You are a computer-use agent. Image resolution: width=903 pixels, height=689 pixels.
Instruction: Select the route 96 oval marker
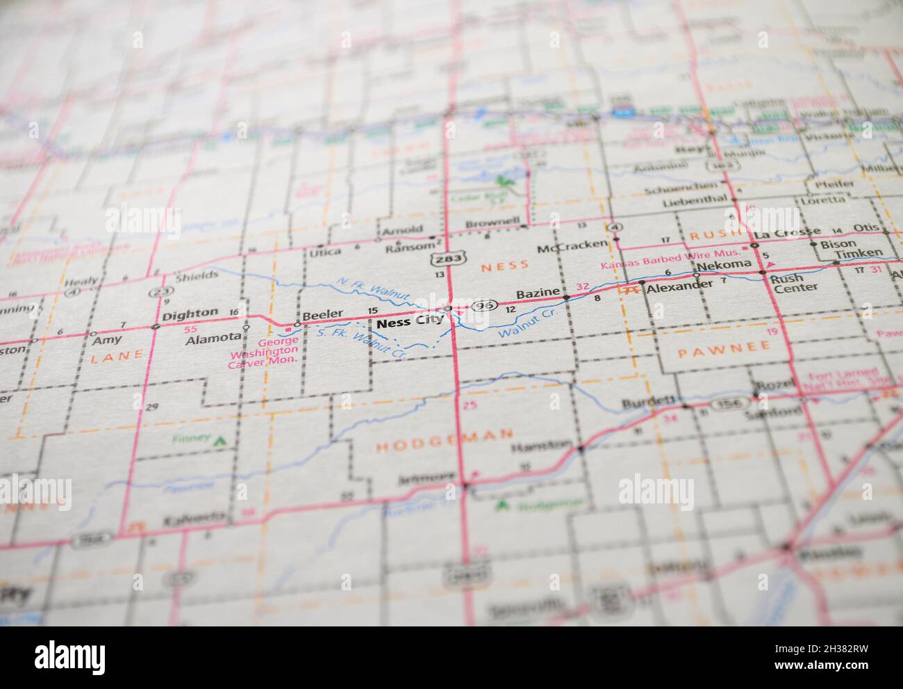point(484,306)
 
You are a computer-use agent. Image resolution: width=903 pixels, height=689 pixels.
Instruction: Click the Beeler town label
point(322,314)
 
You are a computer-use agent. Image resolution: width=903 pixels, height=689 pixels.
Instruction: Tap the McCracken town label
point(562,248)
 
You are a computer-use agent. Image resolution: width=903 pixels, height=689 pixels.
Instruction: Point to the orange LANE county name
point(117,355)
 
